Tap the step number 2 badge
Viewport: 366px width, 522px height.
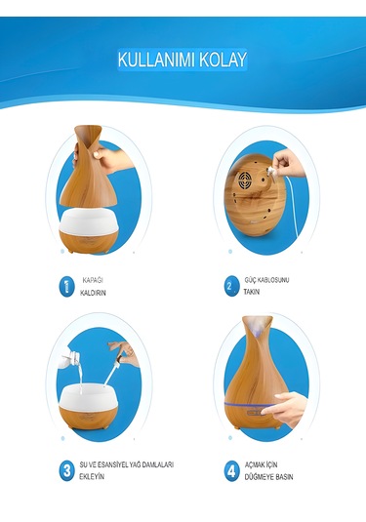[228, 286]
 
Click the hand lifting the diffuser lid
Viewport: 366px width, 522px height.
[117, 158]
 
